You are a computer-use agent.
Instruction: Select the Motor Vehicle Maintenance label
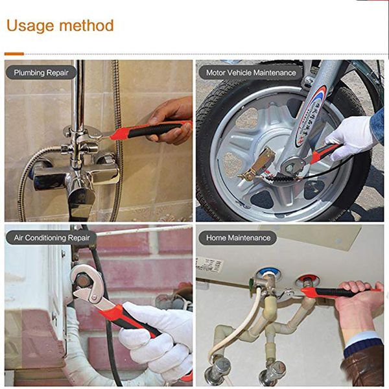pos(250,73)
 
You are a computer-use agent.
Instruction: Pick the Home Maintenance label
pos(238,238)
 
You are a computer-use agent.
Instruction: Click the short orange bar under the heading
pos(14,54)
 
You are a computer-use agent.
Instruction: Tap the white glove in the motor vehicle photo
pos(351,136)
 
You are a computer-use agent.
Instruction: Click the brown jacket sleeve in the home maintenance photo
pos(366,370)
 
